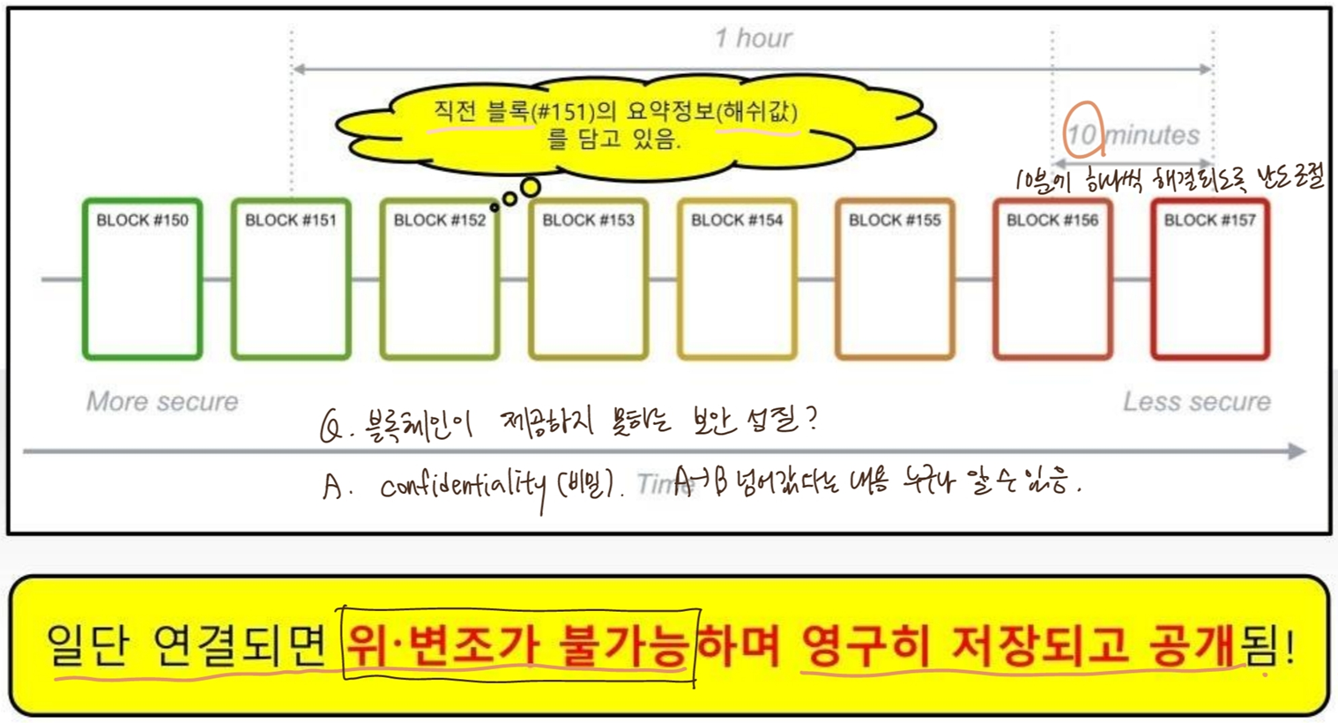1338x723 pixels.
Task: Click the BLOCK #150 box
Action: click(143, 280)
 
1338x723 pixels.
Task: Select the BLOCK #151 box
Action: click(291, 280)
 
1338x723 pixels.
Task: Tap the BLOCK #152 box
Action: click(440, 280)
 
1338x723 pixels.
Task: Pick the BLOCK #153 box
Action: click(588, 280)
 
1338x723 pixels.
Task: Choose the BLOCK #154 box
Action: click(737, 280)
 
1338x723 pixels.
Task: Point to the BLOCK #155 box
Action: click(895, 280)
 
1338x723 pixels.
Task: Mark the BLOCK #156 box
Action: click(1052, 280)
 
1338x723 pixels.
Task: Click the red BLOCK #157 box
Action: click(1209, 280)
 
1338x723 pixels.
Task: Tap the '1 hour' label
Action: click(754, 38)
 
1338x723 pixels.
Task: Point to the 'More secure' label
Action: click(162, 401)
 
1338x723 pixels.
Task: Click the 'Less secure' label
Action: click(1196, 401)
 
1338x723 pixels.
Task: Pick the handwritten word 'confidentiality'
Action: click(464, 486)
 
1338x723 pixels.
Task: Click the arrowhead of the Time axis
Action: click(1297, 451)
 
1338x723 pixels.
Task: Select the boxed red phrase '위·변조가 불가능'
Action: click(520, 647)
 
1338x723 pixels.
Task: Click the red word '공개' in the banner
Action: click(1191, 647)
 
